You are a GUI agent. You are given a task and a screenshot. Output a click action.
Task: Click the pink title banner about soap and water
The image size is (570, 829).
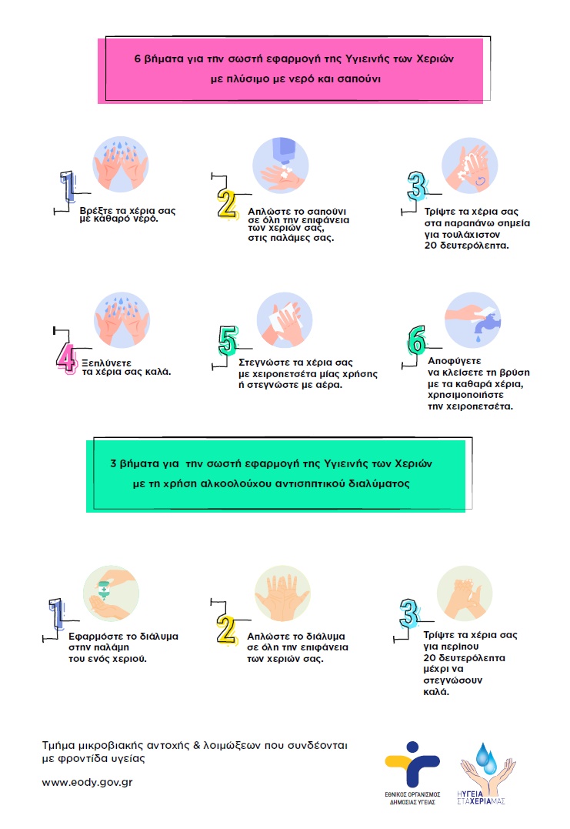pyautogui.click(x=293, y=68)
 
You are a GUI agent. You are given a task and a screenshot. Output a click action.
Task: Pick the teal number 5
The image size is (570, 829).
pyautogui.click(x=228, y=340)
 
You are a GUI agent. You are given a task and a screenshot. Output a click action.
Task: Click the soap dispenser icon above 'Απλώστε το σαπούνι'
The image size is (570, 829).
pyautogui.click(x=284, y=165)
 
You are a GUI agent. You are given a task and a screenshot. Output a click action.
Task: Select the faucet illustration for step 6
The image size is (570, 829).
pyautogui.click(x=474, y=321)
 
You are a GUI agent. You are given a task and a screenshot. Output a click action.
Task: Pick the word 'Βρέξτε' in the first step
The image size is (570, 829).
pyautogui.click(x=95, y=209)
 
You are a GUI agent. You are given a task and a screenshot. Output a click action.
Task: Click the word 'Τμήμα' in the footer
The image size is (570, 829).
pyautogui.click(x=60, y=746)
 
